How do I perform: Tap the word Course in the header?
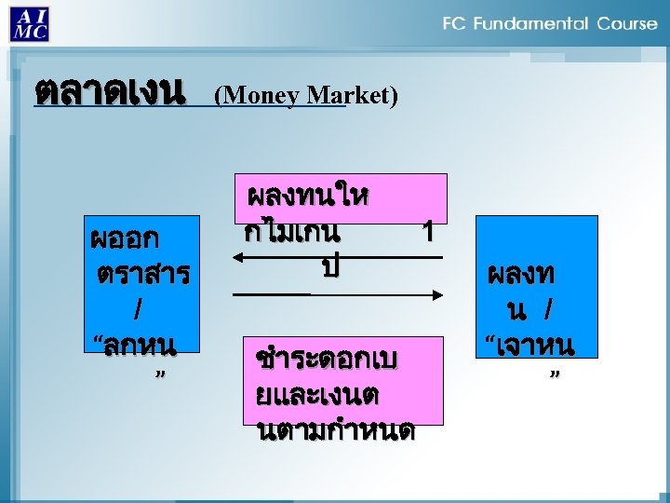(x=626, y=23)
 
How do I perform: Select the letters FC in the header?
(x=455, y=23)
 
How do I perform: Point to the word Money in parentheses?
(x=256, y=95)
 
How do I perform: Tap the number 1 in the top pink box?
(x=427, y=231)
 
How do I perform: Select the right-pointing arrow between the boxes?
(x=336, y=294)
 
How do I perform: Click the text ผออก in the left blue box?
(x=124, y=238)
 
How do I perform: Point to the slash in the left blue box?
(x=139, y=307)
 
